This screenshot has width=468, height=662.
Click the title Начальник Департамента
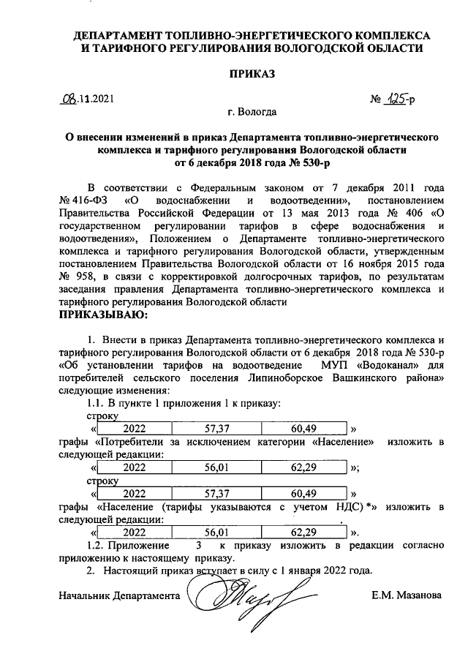pyautogui.click(x=119, y=595)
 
